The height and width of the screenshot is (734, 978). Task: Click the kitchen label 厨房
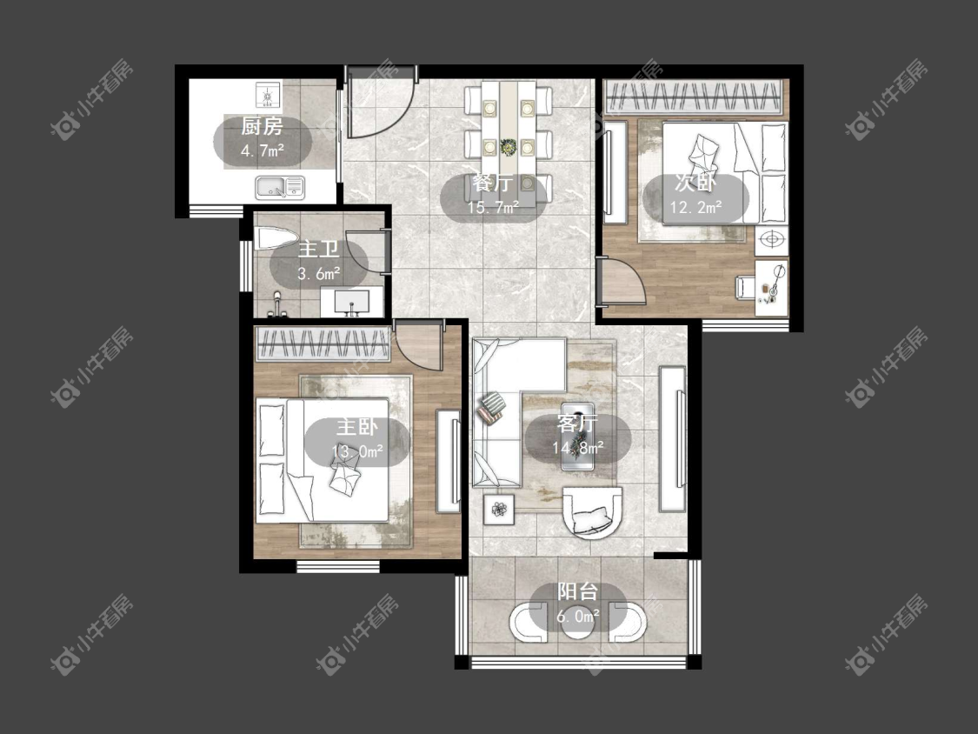pos(262,127)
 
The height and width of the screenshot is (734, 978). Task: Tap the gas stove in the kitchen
pos(269,95)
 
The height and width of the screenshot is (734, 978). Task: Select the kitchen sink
pos(279,187)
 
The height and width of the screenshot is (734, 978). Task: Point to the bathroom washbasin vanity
pos(351,302)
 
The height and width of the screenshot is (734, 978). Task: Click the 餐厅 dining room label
pos(493,183)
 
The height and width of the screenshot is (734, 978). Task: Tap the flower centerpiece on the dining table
pos(509,147)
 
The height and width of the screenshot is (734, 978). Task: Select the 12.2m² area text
pos(696,207)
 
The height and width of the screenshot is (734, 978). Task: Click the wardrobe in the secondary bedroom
pos(694,97)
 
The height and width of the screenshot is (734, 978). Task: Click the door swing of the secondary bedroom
pos(622,282)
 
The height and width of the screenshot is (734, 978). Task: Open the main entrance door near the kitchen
pos(379,103)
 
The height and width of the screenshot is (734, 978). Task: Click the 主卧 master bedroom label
pos(356,428)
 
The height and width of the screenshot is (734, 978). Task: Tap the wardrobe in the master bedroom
pos(323,344)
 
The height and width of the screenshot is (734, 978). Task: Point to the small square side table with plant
pos(499,510)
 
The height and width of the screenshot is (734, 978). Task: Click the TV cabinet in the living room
pos(673,439)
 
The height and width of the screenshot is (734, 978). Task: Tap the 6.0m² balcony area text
pos(578,617)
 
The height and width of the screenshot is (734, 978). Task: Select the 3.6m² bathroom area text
pos(319,273)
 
